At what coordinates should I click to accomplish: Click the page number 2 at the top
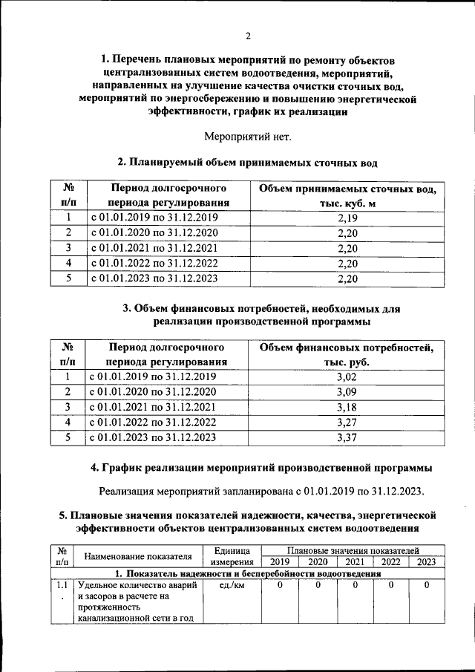[248, 36]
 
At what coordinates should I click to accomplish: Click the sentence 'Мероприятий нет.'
[248, 136]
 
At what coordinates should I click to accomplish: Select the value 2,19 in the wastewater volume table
[347, 218]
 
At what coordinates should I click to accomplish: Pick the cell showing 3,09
[347, 391]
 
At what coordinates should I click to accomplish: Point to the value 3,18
[347, 407]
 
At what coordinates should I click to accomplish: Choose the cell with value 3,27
[347, 422]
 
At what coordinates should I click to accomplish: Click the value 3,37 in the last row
[347, 437]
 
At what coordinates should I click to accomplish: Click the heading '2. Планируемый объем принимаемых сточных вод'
[248, 162]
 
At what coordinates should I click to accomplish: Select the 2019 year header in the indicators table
[280, 561]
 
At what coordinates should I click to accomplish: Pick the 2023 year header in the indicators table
[426, 561]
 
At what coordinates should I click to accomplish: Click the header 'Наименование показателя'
[138, 556]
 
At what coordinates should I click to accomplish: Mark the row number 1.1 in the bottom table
[62, 586]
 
